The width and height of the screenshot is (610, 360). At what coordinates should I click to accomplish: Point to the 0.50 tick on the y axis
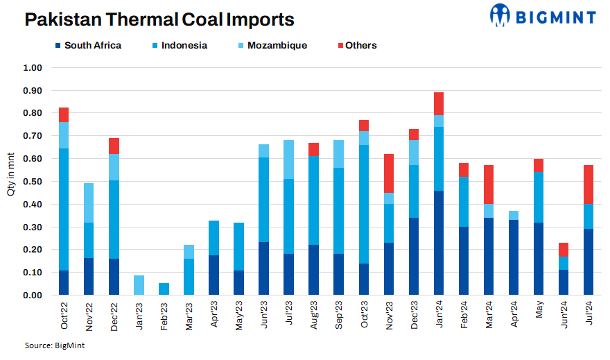33,182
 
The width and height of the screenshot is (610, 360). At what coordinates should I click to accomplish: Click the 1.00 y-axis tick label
33,68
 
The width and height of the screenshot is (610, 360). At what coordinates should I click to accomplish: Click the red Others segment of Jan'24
438,103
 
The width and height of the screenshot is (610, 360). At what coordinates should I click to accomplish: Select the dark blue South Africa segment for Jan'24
438,243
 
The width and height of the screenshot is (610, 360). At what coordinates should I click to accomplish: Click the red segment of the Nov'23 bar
388,173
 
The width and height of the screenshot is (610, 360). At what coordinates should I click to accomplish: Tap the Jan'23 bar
139,285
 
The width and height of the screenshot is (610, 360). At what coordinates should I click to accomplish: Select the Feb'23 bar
164,289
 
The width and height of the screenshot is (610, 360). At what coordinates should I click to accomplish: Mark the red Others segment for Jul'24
588,184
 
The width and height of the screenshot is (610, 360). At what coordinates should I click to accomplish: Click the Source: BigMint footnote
51,345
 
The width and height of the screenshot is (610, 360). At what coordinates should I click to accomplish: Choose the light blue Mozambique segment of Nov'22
89,203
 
